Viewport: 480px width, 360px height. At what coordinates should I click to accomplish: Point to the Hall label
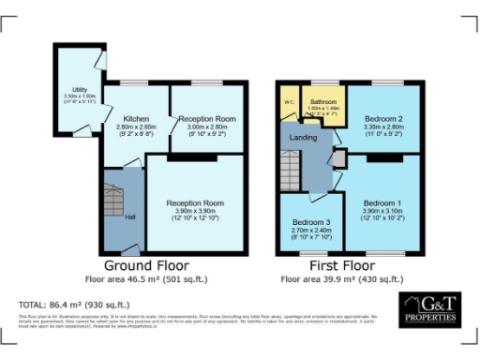[x=129, y=217]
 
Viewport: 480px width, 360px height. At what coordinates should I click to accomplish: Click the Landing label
[x=302, y=140]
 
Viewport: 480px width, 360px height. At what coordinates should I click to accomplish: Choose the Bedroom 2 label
[x=382, y=120]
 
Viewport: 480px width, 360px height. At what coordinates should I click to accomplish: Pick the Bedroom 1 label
[x=382, y=203]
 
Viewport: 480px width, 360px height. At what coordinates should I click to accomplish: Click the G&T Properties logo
[x=429, y=308]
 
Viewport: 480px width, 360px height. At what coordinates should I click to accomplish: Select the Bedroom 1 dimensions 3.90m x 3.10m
[x=382, y=213]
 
